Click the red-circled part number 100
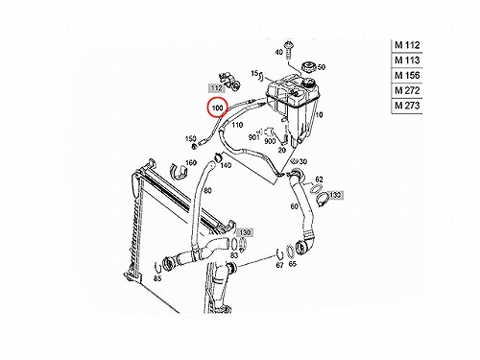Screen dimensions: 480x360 [217, 108]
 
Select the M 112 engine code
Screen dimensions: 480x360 [407, 45]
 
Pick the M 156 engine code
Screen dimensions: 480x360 [407, 75]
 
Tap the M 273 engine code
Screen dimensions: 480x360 [407, 106]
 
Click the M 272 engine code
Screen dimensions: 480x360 [407, 90]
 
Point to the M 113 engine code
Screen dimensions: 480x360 [407, 60]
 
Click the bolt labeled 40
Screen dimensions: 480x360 [289, 51]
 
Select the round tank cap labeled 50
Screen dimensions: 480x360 [309, 67]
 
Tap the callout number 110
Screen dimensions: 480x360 [237, 125]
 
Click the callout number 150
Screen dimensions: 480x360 [191, 138]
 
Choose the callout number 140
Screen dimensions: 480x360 [226, 165]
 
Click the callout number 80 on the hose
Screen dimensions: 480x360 [207, 191]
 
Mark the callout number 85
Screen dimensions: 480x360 [157, 278]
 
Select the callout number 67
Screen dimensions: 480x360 [279, 265]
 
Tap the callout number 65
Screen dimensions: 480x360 [293, 264]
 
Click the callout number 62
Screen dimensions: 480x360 [319, 180]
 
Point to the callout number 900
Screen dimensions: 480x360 [270, 141]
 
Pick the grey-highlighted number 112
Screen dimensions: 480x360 [217, 88]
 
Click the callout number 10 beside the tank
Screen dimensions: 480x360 [319, 114]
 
